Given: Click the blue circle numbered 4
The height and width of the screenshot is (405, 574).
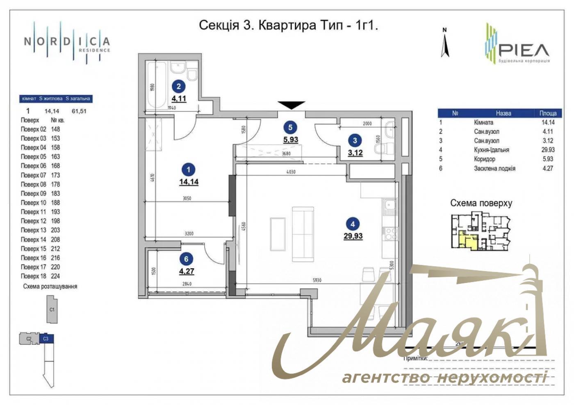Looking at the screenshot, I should tap(353, 224).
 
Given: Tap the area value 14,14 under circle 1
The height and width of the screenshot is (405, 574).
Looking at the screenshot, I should tap(189, 181).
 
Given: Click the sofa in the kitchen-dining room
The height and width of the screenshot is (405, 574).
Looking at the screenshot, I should tap(303, 234).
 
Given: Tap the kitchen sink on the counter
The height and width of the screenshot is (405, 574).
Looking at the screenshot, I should tap(389, 207).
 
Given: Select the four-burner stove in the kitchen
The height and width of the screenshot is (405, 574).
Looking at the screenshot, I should tap(390, 234).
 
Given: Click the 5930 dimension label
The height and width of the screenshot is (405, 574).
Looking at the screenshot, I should tap(317, 281).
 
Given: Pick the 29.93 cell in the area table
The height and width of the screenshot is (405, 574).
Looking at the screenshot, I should tap(548, 150).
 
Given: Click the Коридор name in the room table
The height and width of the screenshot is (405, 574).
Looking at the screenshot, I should tap(484, 159).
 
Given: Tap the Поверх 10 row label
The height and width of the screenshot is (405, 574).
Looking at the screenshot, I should tap(34, 203).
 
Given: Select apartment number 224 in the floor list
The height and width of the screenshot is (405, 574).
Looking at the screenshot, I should tap(55, 276).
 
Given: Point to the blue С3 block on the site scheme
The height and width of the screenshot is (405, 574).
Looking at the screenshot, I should tap(46, 339).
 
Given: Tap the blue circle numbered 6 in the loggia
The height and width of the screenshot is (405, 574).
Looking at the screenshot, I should tap(186, 259).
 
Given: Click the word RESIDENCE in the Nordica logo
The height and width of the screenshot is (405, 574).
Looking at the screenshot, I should tap(94, 50).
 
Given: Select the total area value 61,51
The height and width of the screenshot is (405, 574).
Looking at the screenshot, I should tap(79, 111).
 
